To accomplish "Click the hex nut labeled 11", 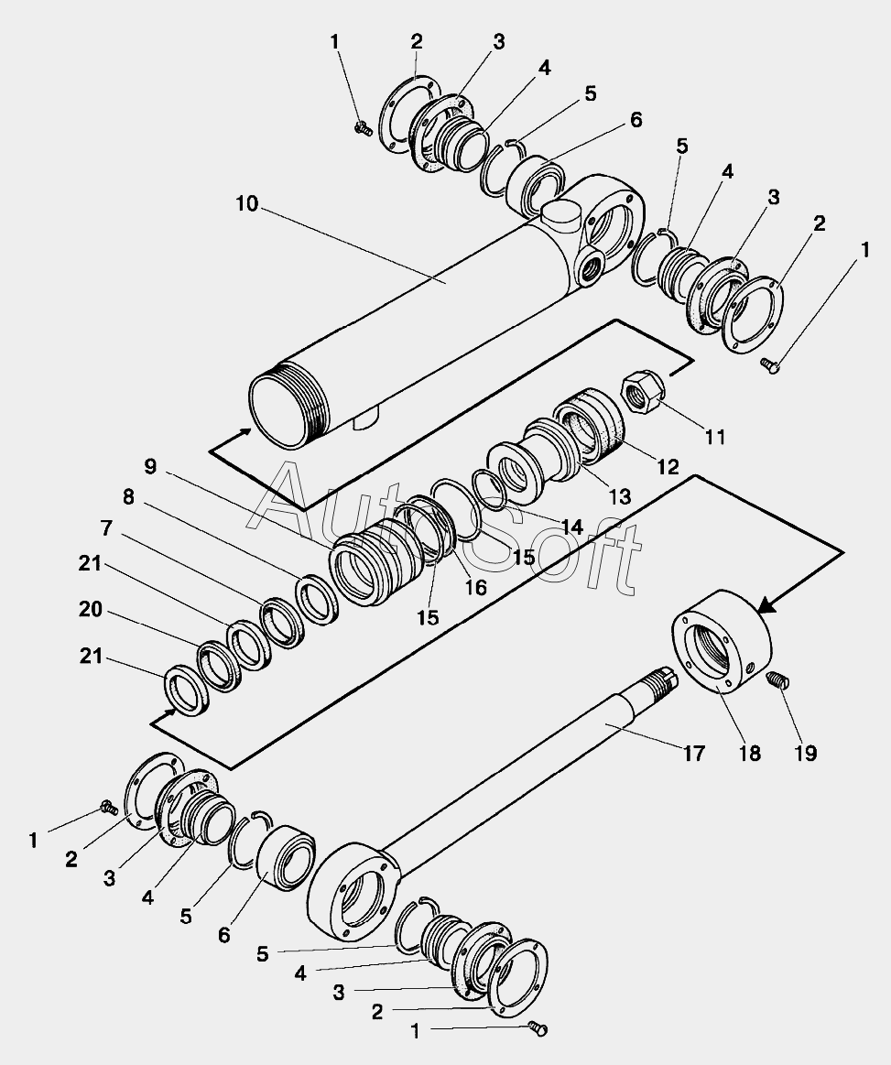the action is (x=642, y=392).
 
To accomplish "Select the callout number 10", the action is (x=247, y=204).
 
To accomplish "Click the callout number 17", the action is (x=693, y=754).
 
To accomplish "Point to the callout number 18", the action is (x=750, y=754).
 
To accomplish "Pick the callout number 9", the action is (x=150, y=467).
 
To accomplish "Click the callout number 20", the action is (x=91, y=610).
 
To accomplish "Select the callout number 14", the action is (x=571, y=527).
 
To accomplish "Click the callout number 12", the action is (x=668, y=467).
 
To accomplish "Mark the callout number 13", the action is (x=619, y=496).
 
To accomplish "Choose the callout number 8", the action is (x=127, y=497).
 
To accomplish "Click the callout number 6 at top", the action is (x=636, y=120).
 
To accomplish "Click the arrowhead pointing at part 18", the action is (x=766, y=604).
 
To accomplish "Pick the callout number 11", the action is (x=714, y=437).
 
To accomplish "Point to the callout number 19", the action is (x=806, y=754).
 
